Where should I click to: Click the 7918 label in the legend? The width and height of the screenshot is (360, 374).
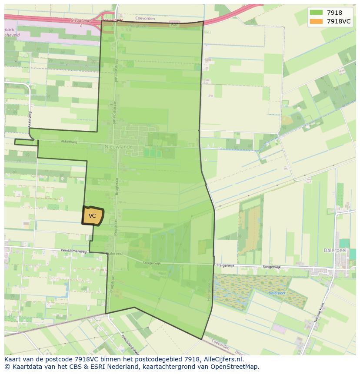pyautogui.click(x=334, y=13)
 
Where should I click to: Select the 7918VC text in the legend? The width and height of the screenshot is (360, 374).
pyautogui.click(x=339, y=21)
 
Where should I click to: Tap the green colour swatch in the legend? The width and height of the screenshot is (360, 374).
pyautogui.click(x=317, y=13)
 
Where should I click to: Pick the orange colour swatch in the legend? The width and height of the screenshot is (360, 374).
pyautogui.click(x=317, y=21)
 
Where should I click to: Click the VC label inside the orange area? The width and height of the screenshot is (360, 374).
pyautogui.click(x=92, y=216)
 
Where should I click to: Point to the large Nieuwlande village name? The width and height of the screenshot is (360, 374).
pyautogui.click(x=118, y=147)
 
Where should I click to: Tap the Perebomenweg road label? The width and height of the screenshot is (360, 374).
pyautogui.click(x=74, y=251)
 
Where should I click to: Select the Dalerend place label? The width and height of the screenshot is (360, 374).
pyautogui.click(x=114, y=253)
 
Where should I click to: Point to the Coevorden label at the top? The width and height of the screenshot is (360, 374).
pyautogui.click(x=145, y=19)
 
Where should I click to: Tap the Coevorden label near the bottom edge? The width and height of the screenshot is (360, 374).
pyautogui.click(x=220, y=345)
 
